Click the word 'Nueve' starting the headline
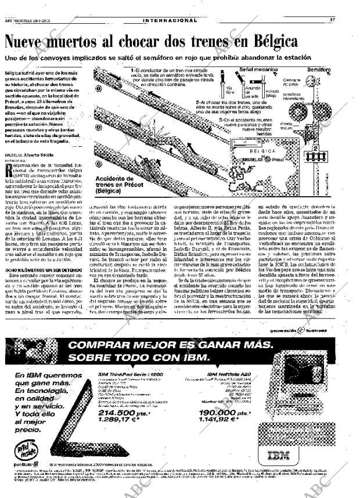pyautogui.click(x=30, y=42)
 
